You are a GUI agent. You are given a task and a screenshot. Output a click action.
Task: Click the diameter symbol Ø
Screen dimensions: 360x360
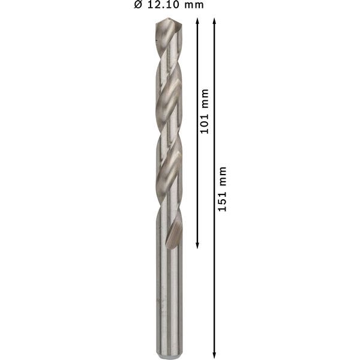pyautogui.click(x=137, y=5)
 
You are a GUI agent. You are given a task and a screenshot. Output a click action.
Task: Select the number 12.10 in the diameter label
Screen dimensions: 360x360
pyautogui.click(x=163, y=5)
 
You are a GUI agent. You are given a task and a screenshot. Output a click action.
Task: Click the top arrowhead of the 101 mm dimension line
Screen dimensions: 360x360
pyautogui.click(x=197, y=21)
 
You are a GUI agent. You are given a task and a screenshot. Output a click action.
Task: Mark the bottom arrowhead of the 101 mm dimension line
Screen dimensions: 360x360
pyautogui.click(x=197, y=245)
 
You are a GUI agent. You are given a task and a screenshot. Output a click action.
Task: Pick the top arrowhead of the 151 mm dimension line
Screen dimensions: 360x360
pyautogui.click(x=215, y=21)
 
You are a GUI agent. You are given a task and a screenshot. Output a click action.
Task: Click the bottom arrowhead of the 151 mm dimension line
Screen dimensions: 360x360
pyautogui.click(x=215, y=355)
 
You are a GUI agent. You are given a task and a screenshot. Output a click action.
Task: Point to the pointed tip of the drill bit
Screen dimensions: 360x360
pyautogui.click(x=169, y=20)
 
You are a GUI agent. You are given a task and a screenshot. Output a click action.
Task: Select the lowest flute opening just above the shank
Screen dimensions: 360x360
pyautogui.click(x=173, y=234)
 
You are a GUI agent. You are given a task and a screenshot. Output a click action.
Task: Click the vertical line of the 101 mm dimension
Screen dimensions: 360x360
pyautogui.click(x=197, y=180)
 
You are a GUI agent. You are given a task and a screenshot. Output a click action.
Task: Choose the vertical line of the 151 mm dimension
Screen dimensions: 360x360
pyautogui.click(x=215, y=270)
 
